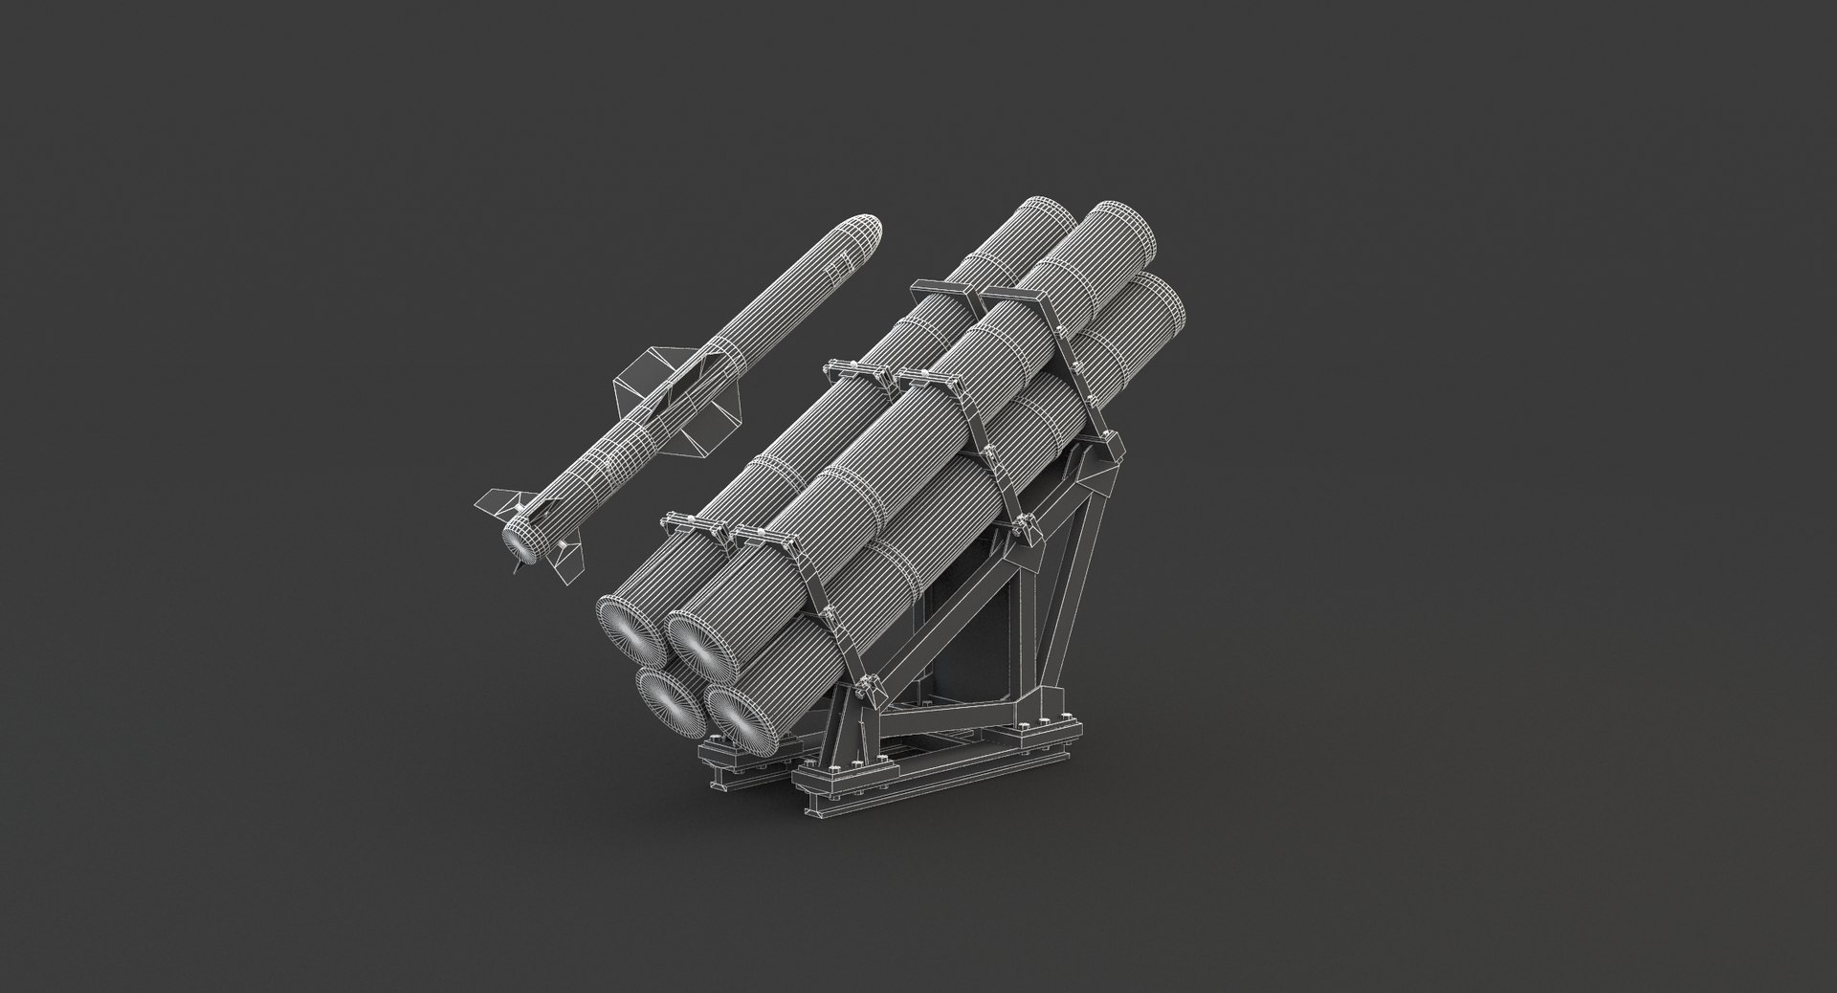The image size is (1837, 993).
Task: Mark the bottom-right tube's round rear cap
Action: tap(738, 717)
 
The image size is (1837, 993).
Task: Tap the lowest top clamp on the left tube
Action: tap(689, 522)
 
